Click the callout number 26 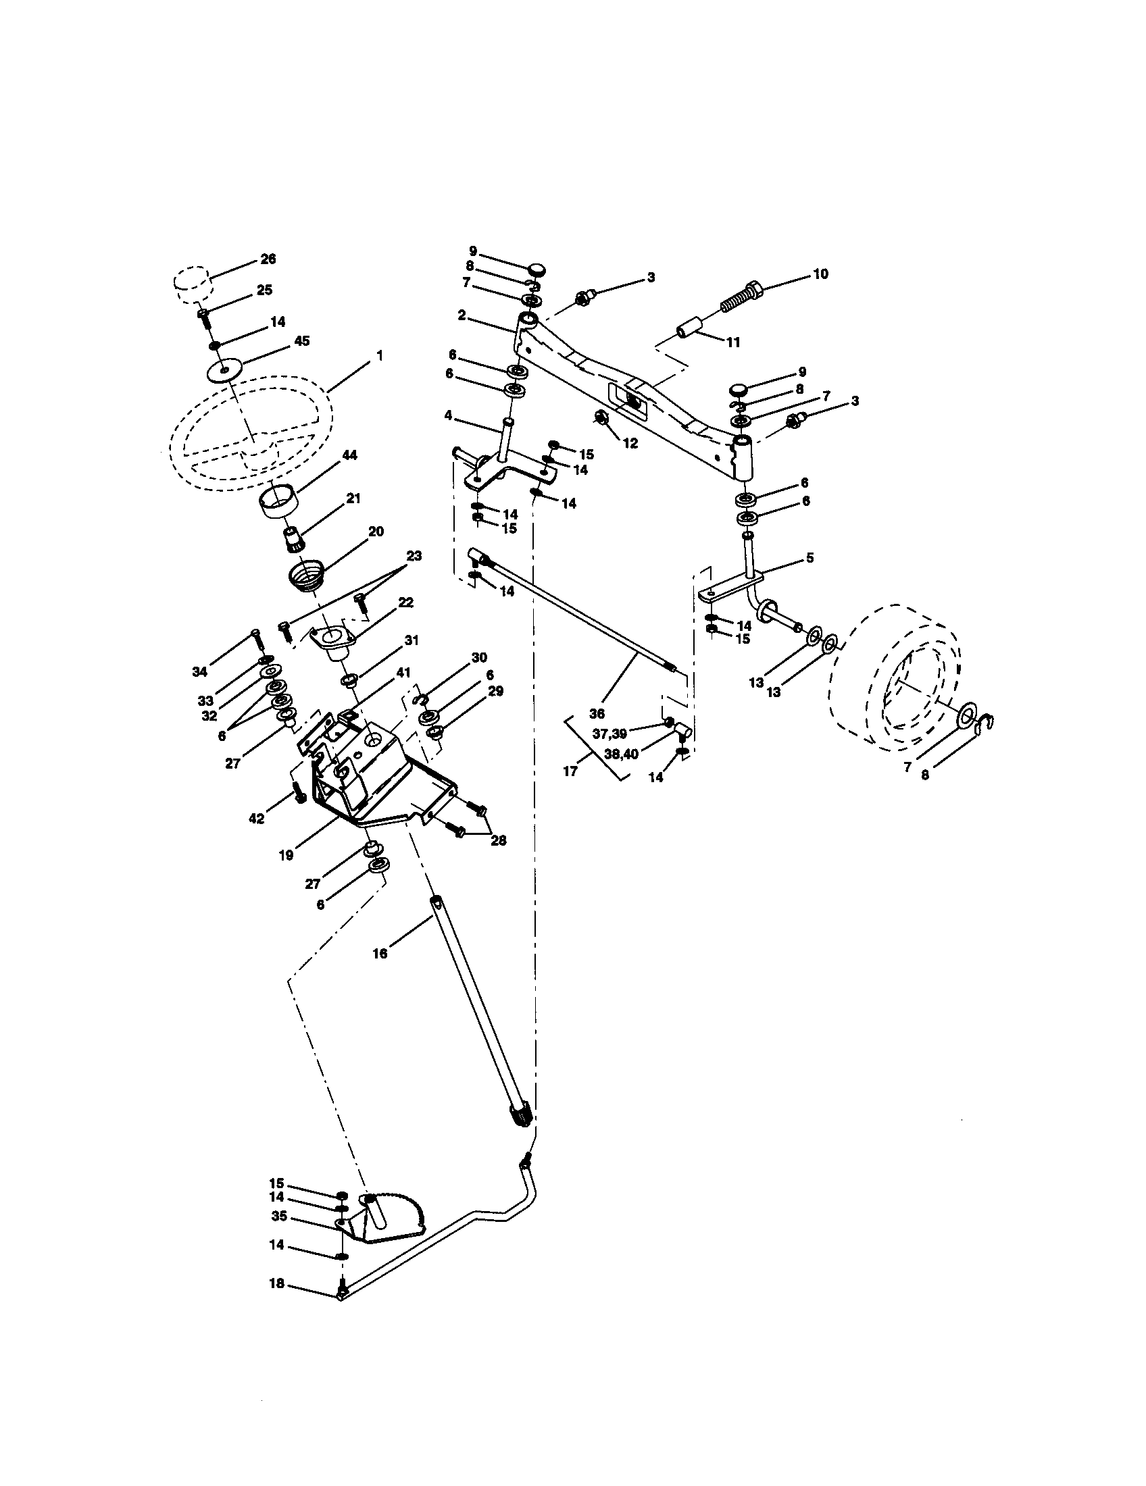268,259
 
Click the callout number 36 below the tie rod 597,714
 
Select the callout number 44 350,455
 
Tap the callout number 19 286,855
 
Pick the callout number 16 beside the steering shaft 380,954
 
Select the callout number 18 276,1285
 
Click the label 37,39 609,734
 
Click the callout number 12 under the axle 630,443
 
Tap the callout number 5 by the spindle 809,558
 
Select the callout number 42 256,819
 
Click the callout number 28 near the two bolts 498,840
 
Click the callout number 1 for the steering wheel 380,356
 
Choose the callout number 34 199,672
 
